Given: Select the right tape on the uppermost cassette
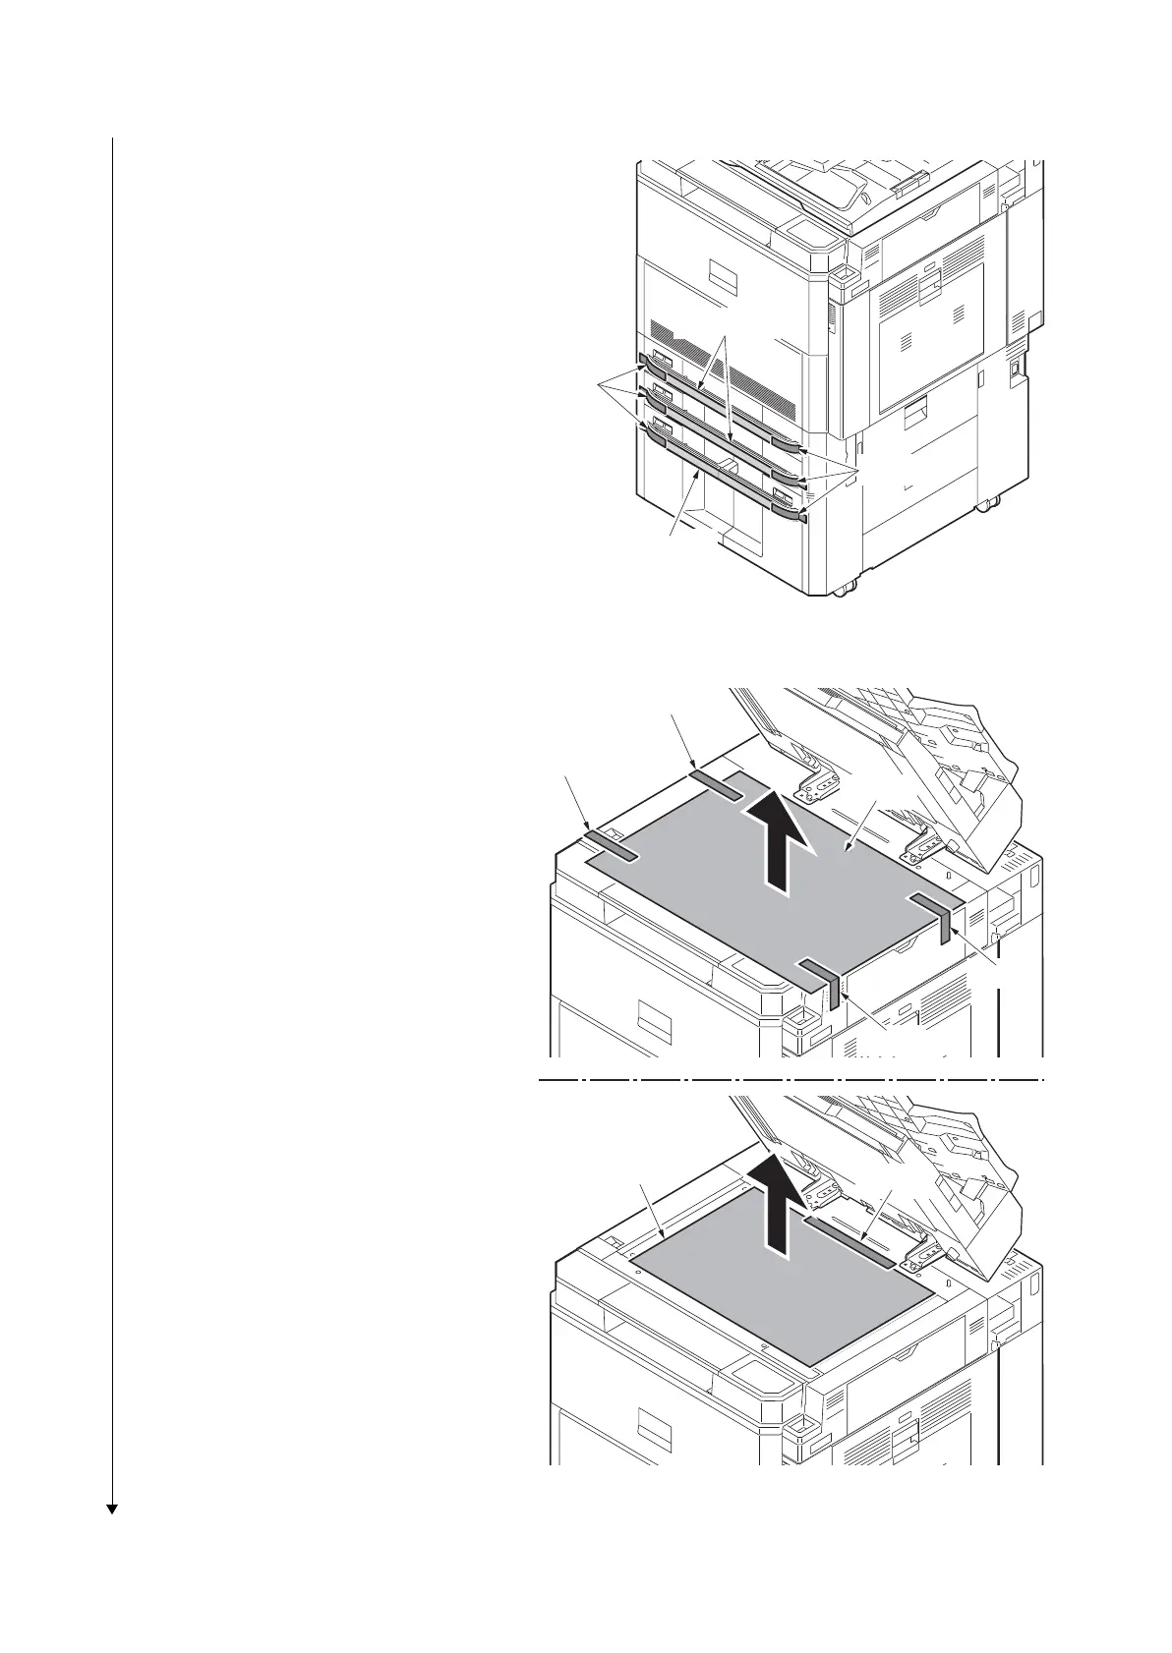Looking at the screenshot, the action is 787,445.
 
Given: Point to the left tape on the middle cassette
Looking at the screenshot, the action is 651,398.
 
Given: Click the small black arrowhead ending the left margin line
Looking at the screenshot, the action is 112,1535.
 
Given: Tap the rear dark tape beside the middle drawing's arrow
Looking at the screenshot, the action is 718,783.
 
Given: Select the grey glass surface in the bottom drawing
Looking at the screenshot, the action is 777,1297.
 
